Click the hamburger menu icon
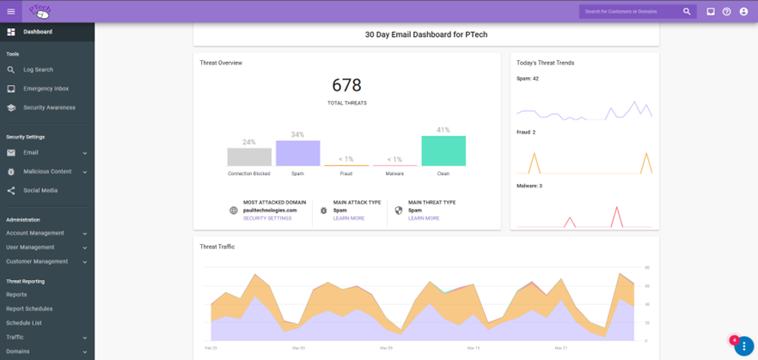click(x=11, y=11)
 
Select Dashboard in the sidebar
click(x=37, y=32)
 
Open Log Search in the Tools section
click(x=38, y=70)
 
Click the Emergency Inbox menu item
click(x=46, y=88)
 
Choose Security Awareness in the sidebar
click(x=49, y=107)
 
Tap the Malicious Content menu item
click(x=47, y=171)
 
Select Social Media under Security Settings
click(x=40, y=190)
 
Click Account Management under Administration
click(x=35, y=233)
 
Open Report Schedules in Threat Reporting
click(x=29, y=308)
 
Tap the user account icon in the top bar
click(x=743, y=11)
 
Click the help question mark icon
click(x=727, y=11)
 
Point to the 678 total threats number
click(x=346, y=85)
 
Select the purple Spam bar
click(x=297, y=153)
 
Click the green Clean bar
click(x=443, y=150)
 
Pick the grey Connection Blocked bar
click(x=249, y=156)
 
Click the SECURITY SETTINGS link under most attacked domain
click(x=267, y=218)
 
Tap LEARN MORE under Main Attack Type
click(x=349, y=218)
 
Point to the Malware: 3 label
click(x=529, y=186)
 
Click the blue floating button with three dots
click(x=743, y=346)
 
